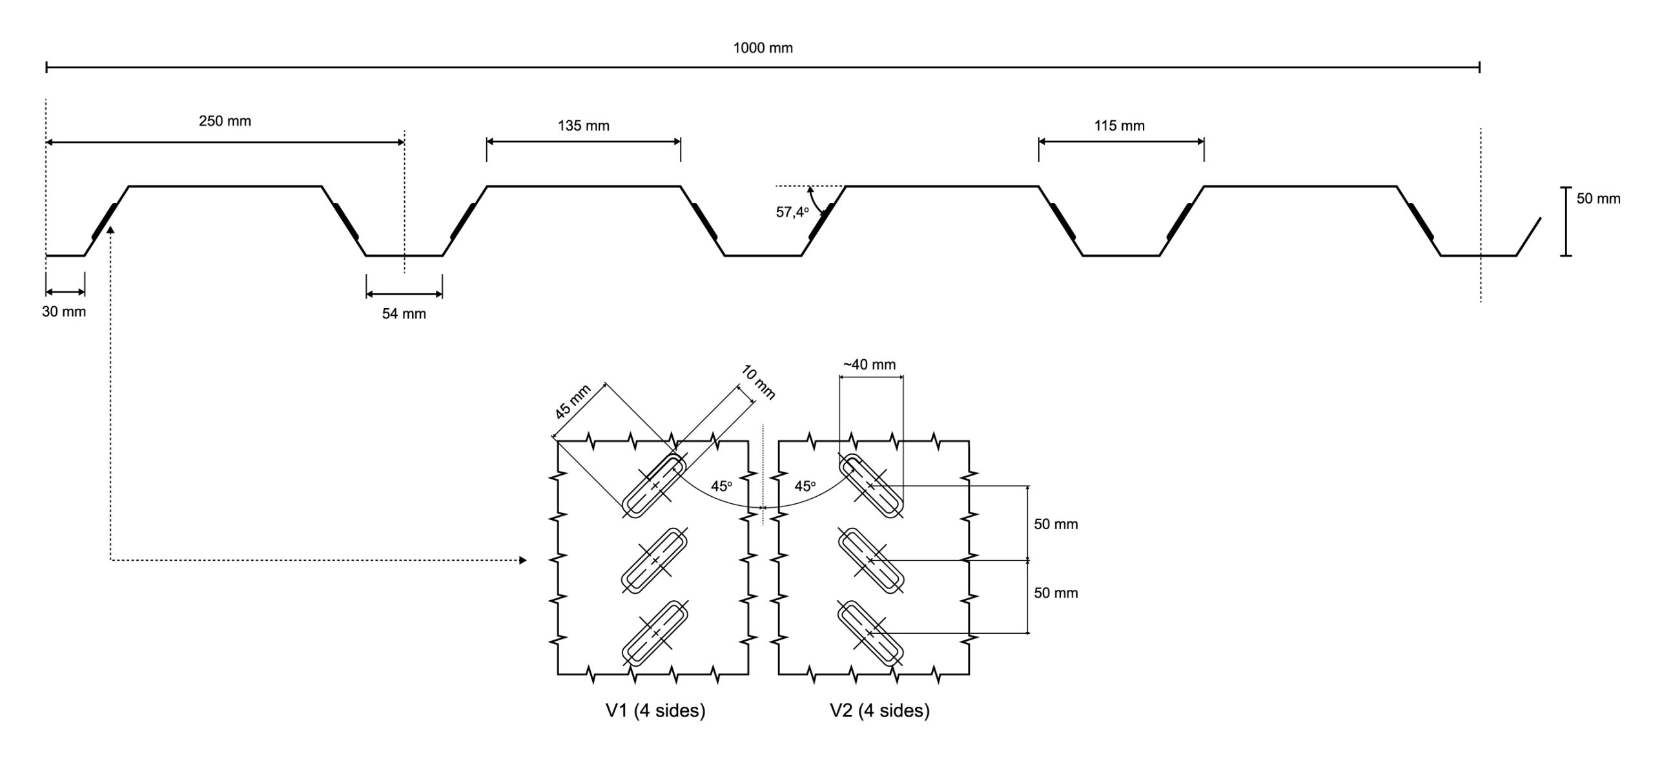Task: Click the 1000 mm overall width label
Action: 763,48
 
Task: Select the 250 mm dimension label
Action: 225,121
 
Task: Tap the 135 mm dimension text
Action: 583,126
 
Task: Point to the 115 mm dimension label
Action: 1119,126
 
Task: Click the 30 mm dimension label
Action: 64,311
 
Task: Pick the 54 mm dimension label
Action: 404,314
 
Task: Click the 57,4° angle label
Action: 792,212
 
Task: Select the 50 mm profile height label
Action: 1598,199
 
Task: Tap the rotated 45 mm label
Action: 573,401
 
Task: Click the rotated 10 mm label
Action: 759,382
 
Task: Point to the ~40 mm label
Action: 869,364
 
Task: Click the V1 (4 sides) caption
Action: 655,711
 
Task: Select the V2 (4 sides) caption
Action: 879,711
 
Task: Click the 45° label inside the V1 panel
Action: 721,486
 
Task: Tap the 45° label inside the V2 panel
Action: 805,486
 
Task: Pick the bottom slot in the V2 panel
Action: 870,633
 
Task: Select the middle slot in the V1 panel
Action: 654,560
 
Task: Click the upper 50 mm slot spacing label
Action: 1056,524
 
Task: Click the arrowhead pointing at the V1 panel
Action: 523,560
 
